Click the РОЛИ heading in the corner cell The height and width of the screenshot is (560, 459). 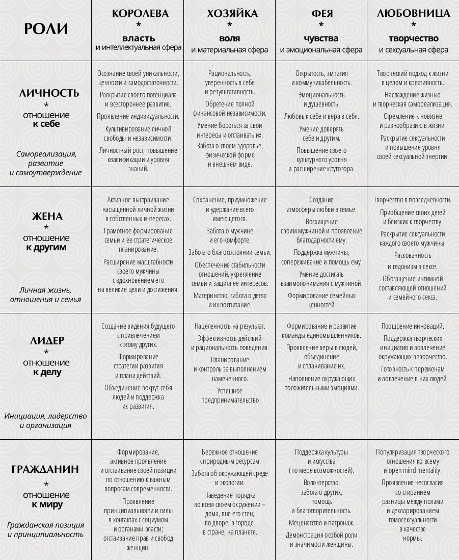(x=46, y=29)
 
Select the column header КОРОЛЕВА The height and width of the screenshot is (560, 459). (x=140, y=14)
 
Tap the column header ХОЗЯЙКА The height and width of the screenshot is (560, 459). (x=229, y=14)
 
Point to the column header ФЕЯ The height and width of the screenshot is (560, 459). (x=321, y=14)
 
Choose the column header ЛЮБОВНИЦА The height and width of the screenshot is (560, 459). (x=414, y=14)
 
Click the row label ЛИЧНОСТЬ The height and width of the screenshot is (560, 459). (x=49, y=93)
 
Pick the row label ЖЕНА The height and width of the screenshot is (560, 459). (x=47, y=217)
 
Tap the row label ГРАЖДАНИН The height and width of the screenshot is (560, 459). (x=45, y=469)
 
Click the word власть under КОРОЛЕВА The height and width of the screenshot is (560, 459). (x=139, y=38)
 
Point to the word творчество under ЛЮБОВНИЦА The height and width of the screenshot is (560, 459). (x=413, y=38)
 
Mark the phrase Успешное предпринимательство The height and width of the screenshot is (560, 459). (x=230, y=395)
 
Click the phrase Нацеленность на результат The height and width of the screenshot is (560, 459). (x=230, y=326)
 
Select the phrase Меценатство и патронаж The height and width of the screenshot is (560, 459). (x=321, y=523)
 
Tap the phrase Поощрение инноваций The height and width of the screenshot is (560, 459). (x=413, y=326)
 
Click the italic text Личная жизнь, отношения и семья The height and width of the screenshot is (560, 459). (x=45, y=295)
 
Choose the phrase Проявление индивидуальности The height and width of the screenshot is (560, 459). (x=138, y=116)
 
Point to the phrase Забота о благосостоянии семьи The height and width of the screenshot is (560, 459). (x=230, y=252)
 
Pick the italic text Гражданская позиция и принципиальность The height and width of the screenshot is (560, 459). (x=45, y=530)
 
